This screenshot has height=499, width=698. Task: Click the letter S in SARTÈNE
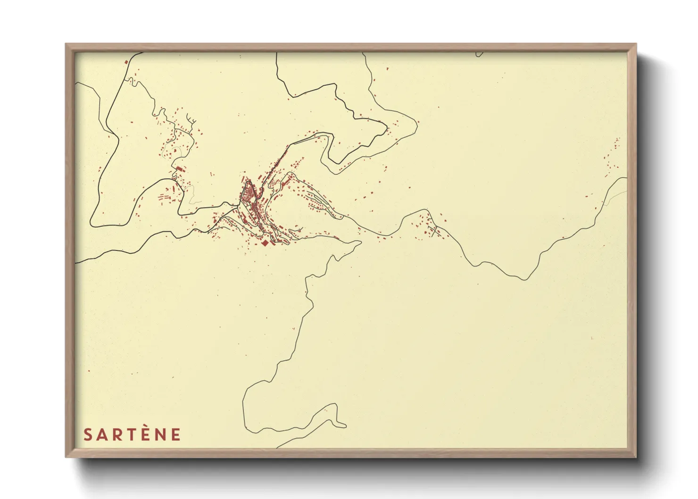(88, 434)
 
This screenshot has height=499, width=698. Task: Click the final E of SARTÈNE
(175, 434)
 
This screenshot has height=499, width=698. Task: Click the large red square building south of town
(265, 242)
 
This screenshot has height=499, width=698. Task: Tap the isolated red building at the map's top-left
(126, 62)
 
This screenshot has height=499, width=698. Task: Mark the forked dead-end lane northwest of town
(191, 120)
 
